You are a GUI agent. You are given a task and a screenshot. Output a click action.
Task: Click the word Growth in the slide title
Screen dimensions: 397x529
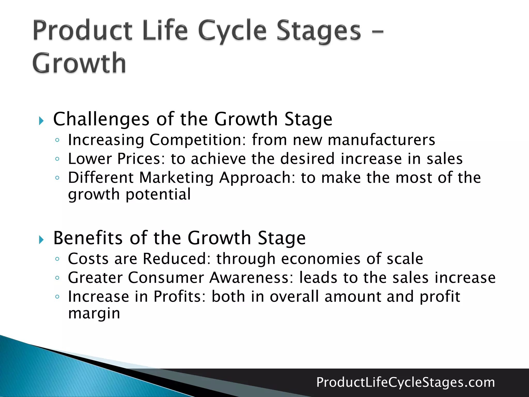click(x=79, y=63)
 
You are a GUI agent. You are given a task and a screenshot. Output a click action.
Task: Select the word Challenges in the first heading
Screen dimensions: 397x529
click(x=101, y=119)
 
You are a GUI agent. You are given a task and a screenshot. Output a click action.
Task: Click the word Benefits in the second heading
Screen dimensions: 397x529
click(x=88, y=238)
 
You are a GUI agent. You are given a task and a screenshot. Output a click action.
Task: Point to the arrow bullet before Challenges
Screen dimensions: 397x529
click(x=41, y=121)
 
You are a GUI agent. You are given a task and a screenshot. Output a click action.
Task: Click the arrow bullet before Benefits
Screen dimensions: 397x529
click(x=41, y=240)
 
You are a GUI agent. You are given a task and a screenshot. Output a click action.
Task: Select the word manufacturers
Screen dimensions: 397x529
click(x=381, y=140)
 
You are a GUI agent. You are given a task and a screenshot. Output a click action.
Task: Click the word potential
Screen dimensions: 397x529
click(x=158, y=194)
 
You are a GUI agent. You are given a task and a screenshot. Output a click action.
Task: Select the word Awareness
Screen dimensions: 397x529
click(x=251, y=278)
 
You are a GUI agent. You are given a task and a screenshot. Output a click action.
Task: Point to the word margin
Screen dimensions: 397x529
click(x=94, y=313)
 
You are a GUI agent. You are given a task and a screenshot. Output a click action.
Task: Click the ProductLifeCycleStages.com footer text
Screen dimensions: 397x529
click(x=406, y=382)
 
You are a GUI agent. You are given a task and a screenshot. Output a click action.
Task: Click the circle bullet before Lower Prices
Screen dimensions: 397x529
click(x=57, y=159)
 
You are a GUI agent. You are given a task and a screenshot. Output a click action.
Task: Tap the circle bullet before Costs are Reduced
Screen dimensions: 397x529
click(x=57, y=259)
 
